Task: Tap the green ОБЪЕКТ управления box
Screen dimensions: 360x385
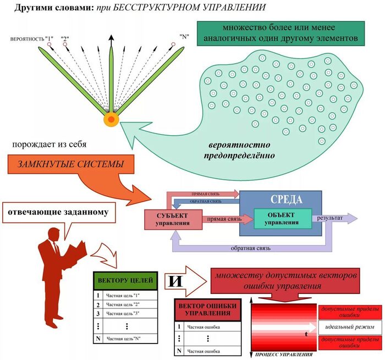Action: click(282, 218)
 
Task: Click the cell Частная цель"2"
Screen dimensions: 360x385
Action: click(124, 304)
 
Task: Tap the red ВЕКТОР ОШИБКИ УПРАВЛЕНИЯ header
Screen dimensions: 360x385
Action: click(207, 310)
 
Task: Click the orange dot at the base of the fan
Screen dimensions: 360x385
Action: click(111, 119)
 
